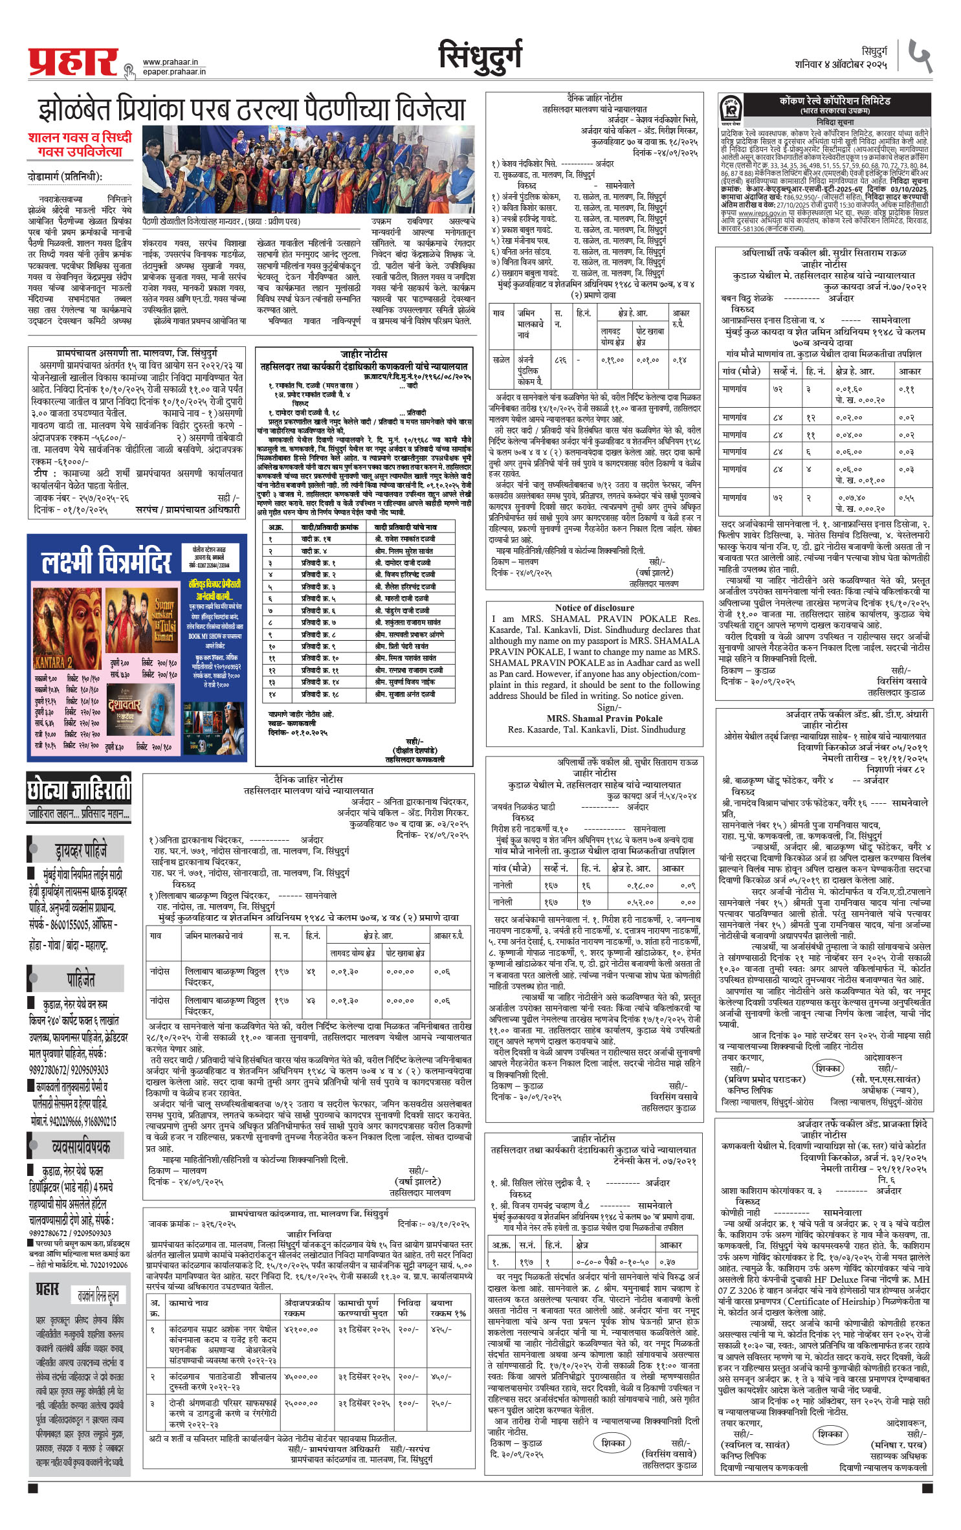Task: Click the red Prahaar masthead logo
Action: pos(72,62)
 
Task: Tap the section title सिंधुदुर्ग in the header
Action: pos(480,57)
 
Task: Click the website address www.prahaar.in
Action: pos(170,62)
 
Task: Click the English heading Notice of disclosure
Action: pos(594,608)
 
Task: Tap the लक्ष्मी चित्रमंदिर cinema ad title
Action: pos(107,561)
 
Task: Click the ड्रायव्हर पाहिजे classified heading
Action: pos(81,849)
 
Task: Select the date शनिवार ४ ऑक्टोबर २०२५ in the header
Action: pos(841,65)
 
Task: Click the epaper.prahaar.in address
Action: pos(174,71)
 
